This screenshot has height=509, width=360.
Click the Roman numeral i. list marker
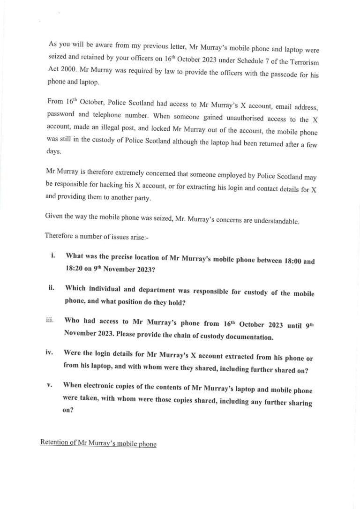pyautogui.click(x=53, y=256)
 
